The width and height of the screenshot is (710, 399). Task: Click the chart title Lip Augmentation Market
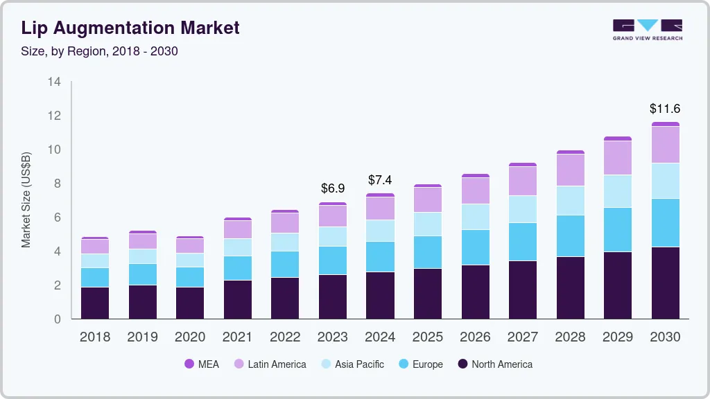click(130, 28)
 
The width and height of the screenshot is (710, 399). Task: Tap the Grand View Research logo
click(647, 29)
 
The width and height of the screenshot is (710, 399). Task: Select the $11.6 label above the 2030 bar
click(665, 109)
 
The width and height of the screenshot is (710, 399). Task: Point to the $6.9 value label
click(333, 188)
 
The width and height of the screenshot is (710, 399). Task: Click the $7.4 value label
click(380, 181)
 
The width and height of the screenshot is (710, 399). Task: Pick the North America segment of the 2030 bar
click(665, 283)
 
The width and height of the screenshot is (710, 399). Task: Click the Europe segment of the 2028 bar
click(570, 236)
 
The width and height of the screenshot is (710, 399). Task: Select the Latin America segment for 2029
click(618, 158)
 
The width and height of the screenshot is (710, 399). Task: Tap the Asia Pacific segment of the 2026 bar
click(475, 217)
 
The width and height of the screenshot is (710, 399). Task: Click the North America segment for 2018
click(95, 303)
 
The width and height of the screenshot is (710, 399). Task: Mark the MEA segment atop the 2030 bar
click(665, 124)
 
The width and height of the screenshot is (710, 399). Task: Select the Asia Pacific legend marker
click(324, 364)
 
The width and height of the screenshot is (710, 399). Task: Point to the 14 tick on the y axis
click(55, 82)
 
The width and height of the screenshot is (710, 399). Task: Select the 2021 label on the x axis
click(238, 337)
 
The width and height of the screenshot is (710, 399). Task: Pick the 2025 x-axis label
click(428, 337)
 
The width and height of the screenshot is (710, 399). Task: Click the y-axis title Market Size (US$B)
click(26, 199)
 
